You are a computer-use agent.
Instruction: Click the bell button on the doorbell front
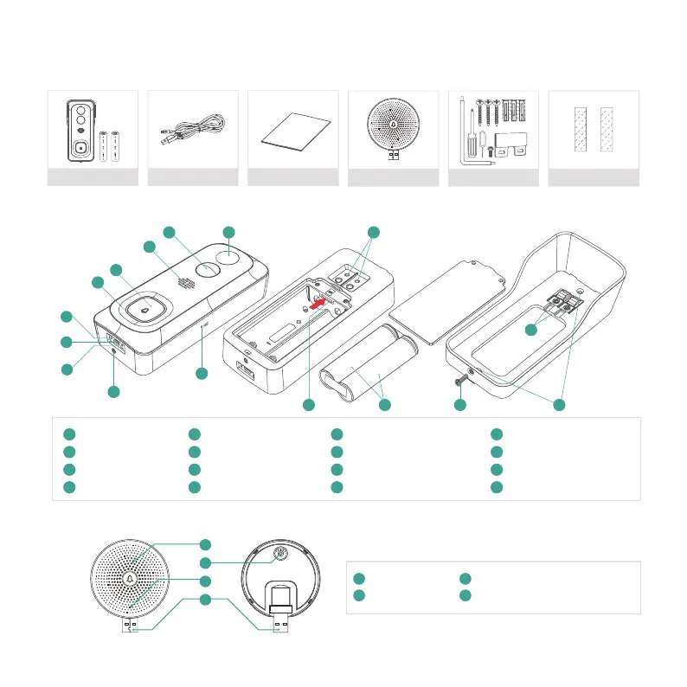tap(144, 306)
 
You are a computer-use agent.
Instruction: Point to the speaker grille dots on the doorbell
tap(184, 282)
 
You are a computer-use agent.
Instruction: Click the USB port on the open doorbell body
tap(245, 375)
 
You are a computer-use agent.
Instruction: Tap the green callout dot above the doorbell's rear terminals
tap(373, 232)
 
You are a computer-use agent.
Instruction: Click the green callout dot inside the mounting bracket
tap(532, 329)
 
